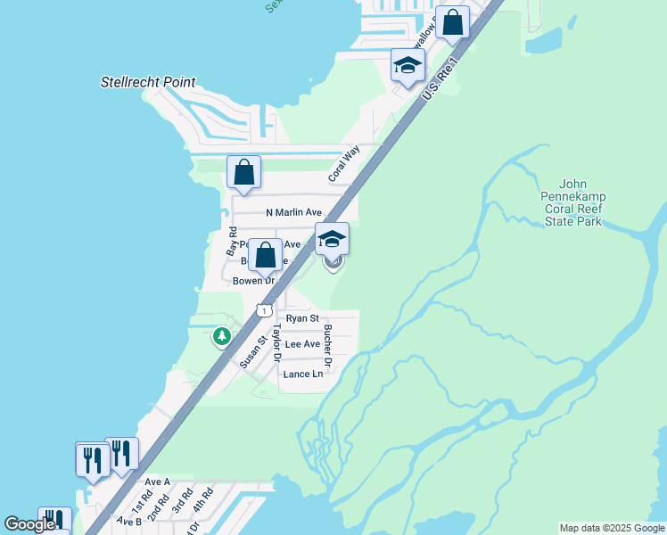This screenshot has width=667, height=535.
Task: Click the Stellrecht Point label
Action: coord(147,83)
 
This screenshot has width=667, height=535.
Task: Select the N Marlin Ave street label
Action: coord(293,212)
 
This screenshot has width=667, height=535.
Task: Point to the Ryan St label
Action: coord(302,318)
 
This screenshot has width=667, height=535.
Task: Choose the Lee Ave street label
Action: coord(301,344)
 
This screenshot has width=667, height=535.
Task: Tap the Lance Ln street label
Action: coord(302,374)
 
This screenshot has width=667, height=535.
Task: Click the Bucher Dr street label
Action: coord(328,346)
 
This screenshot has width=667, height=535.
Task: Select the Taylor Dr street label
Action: coord(277,343)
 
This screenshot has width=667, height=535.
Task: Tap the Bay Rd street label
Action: coord(232,242)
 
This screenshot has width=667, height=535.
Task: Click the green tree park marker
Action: coord(221,337)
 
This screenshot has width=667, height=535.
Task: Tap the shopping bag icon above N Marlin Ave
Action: coord(243,173)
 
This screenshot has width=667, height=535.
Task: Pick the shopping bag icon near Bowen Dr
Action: coord(265,255)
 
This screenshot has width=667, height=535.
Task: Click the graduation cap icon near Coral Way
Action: coord(408,65)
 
